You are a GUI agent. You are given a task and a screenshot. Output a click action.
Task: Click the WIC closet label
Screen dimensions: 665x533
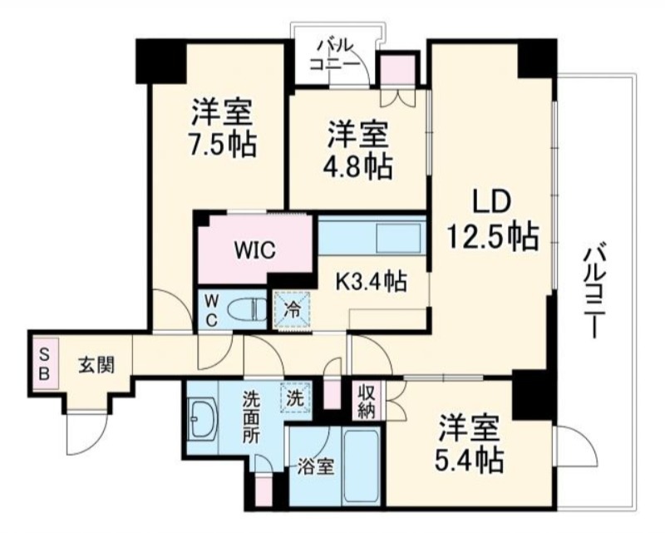click(x=255, y=249)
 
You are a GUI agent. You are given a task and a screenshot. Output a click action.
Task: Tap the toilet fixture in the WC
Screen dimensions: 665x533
click(x=247, y=309)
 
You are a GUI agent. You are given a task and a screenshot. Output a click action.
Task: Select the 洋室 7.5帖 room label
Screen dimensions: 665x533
click(x=224, y=127)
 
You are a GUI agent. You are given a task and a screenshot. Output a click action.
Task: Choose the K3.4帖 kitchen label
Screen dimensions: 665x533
click(x=372, y=281)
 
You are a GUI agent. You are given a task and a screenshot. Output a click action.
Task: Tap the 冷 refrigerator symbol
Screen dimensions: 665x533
click(x=292, y=310)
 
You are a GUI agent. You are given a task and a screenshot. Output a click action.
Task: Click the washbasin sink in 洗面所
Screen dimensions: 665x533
click(x=204, y=417)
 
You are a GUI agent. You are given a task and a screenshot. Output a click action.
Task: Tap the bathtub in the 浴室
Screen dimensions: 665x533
click(x=361, y=466)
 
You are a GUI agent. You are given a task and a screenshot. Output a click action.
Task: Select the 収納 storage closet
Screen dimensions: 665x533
click(x=366, y=401)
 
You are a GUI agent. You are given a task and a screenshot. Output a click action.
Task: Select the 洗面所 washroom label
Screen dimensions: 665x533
click(x=252, y=417)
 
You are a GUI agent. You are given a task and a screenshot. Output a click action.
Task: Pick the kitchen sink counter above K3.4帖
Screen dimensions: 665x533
click(x=372, y=235)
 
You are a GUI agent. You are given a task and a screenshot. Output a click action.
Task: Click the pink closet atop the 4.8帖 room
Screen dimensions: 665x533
click(x=397, y=71)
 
